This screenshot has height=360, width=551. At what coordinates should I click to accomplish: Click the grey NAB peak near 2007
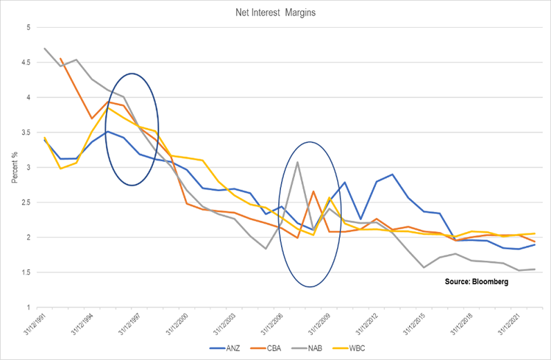coord(298,162)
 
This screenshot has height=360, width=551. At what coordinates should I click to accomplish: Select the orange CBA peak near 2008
coord(314,192)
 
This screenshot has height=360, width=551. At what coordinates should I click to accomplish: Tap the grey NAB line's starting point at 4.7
coord(45,48)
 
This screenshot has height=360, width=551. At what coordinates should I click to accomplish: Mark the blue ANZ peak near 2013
coord(392,174)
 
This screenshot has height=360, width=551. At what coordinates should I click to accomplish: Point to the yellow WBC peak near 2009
coord(329,198)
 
